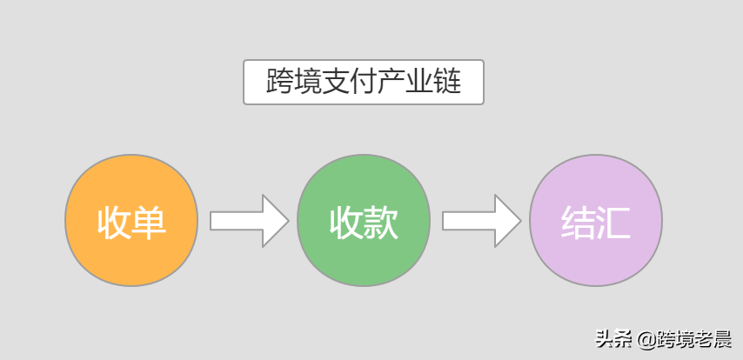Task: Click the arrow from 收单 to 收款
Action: click(x=249, y=221)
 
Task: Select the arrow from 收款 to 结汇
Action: click(x=481, y=221)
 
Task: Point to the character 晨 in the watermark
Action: click(x=721, y=338)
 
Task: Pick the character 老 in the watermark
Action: click(x=702, y=338)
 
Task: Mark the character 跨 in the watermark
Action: click(x=664, y=338)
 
